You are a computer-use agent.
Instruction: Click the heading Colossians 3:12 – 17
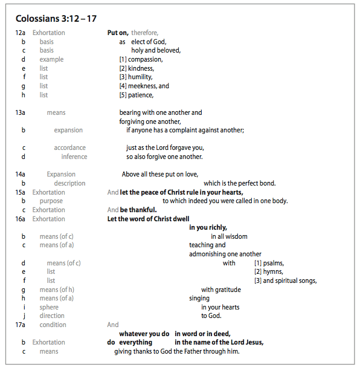coord(56,18)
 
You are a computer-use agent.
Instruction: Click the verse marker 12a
coord(21,33)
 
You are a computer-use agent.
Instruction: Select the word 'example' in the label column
coord(51,59)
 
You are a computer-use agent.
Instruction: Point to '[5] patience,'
coord(136,95)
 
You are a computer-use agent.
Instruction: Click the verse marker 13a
coord(21,112)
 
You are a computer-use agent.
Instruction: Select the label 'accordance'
coord(69,148)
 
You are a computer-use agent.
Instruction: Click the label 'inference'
coord(74,157)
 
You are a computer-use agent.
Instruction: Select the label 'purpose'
coord(51,201)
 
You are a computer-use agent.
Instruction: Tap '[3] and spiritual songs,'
coord(285,281)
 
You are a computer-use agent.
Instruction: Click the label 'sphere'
coord(49,307)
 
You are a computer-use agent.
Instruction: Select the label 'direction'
coord(52,316)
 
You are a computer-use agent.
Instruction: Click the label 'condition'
coord(53,325)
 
